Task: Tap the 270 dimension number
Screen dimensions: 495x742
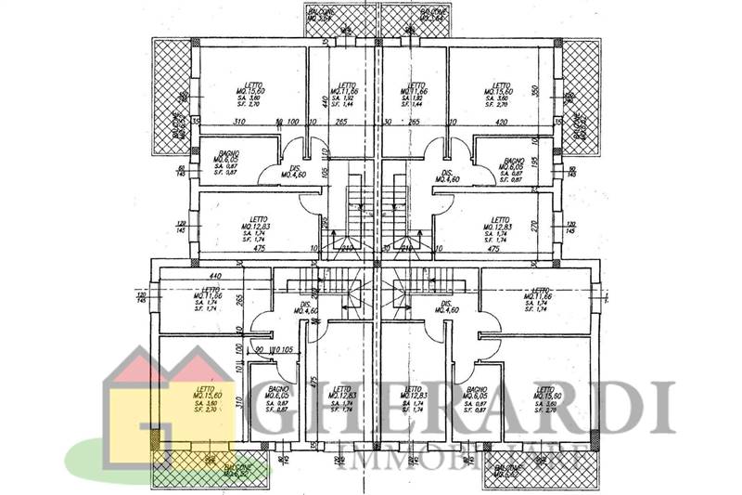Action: tap(535, 224)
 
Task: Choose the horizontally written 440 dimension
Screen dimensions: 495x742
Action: tap(216, 276)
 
